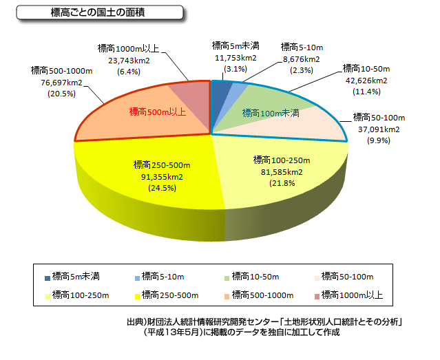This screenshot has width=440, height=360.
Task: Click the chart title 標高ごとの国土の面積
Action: (97, 12)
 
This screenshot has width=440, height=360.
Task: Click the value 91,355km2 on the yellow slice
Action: (162, 177)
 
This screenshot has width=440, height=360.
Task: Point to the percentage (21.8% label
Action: (282, 183)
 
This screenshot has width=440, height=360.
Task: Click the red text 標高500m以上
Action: (158, 112)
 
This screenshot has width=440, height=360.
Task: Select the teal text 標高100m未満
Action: (271, 113)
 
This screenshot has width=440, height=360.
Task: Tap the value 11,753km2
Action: (235, 58)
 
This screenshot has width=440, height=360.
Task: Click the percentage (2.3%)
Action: (302, 70)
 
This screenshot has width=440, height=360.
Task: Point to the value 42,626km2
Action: (366, 81)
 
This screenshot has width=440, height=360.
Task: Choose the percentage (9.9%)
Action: (379, 140)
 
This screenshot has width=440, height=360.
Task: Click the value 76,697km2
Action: (61, 83)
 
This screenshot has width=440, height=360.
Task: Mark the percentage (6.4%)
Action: (129, 72)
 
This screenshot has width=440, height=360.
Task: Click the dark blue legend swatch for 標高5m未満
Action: (48, 278)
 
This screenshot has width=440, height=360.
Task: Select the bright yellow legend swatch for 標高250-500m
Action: (137, 297)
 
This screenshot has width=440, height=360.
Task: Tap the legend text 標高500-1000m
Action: (262, 295)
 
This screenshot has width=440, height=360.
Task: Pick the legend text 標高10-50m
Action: (255, 277)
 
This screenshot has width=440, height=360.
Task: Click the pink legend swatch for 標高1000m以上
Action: (317, 297)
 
